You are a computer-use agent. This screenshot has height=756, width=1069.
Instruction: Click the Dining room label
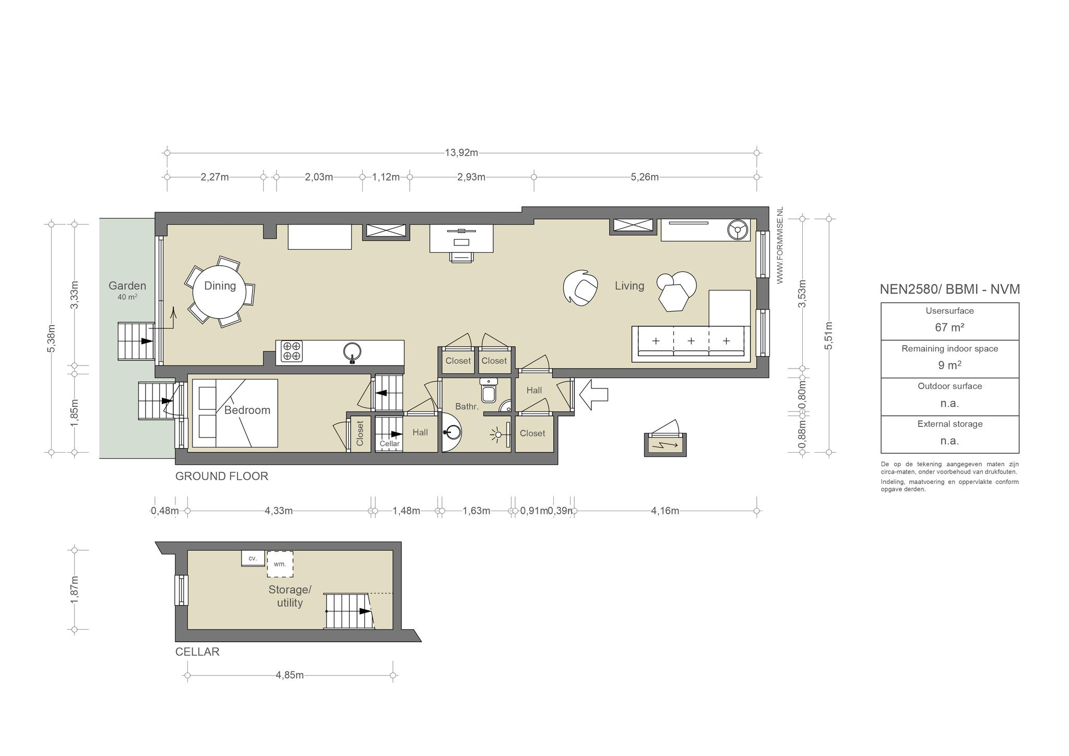tap(220, 286)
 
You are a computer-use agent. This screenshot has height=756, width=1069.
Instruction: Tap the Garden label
tap(127, 286)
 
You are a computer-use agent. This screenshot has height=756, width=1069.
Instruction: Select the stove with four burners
tap(292, 351)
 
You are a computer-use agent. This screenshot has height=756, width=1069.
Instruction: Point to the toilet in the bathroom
tap(489, 389)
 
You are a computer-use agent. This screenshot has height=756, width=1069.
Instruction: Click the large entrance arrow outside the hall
tap(593, 395)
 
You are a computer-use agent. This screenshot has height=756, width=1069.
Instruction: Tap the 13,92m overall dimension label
tap(461, 153)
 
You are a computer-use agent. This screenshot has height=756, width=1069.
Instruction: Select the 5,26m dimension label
tap(645, 177)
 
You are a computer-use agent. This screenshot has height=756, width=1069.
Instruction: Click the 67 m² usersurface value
tap(949, 328)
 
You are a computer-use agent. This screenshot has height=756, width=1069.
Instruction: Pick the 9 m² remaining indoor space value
tap(949, 365)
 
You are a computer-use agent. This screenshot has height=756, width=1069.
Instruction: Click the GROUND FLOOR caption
tap(222, 476)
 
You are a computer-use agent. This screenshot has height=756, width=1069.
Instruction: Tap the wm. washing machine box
tap(280, 564)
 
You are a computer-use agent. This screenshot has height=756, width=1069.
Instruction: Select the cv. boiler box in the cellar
tap(253, 558)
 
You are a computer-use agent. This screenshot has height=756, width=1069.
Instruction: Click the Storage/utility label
tap(290, 596)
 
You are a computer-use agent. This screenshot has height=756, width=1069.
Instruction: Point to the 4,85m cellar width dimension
tap(290, 675)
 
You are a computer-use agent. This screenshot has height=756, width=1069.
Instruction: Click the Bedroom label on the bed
tap(247, 410)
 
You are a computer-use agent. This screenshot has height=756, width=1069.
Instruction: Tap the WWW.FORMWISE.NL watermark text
tap(780, 245)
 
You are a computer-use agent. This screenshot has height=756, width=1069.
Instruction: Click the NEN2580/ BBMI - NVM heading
tap(950, 289)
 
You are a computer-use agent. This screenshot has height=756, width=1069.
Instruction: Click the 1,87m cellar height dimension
tap(75, 589)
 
